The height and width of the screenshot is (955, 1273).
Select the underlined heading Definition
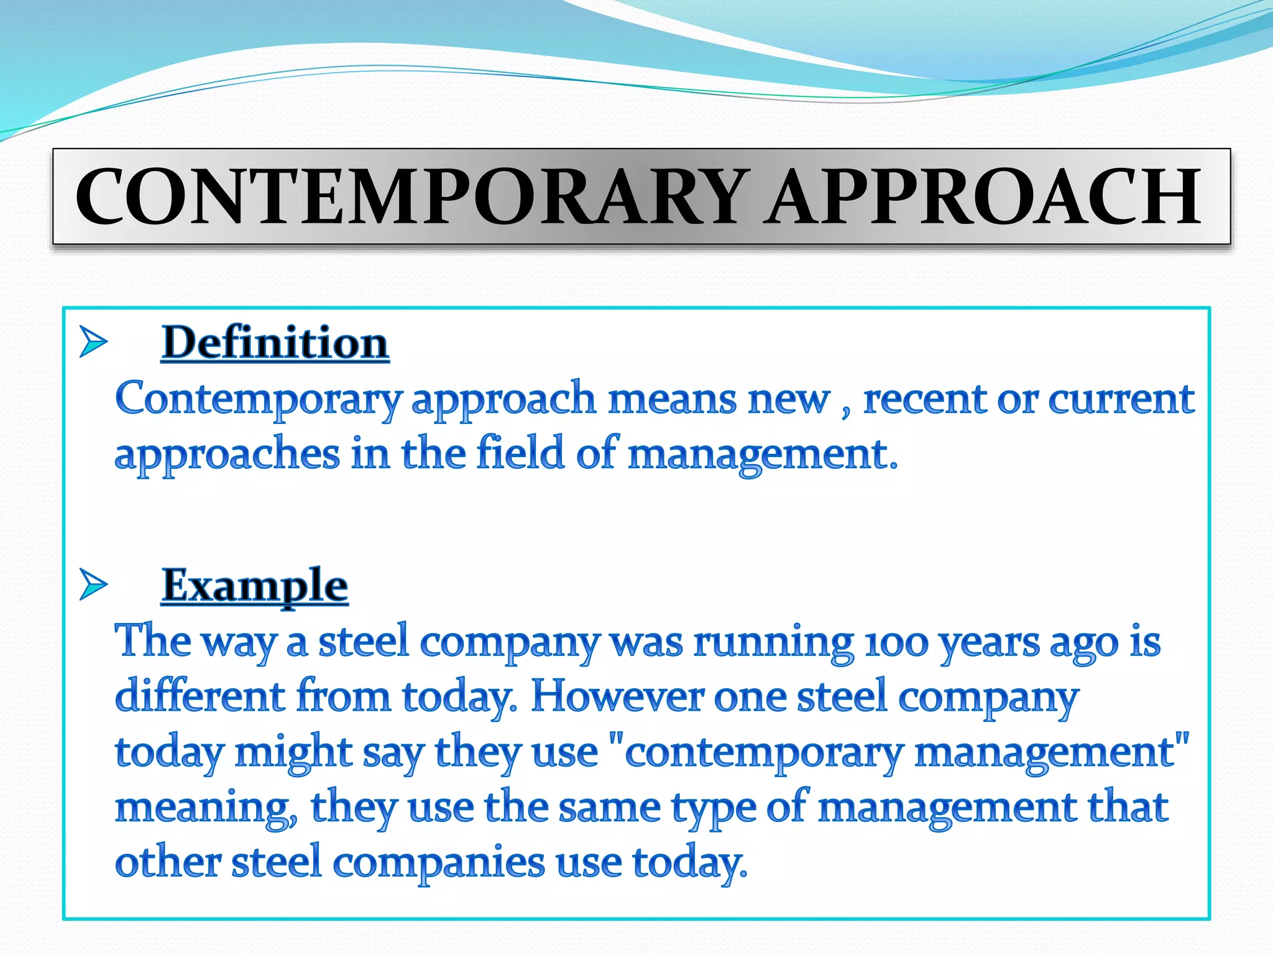(x=275, y=343)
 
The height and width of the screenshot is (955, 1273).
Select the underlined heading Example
(x=254, y=585)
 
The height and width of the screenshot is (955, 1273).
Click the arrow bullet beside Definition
(x=93, y=342)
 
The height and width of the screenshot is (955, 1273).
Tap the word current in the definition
(x=1121, y=399)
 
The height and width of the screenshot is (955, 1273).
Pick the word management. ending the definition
(x=763, y=454)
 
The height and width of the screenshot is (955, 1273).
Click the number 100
(x=896, y=642)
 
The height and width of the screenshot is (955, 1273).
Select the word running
(x=773, y=642)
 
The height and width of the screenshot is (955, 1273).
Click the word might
(x=293, y=752)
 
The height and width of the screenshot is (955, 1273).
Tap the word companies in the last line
(x=439, y=863)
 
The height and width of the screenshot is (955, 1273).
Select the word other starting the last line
(x=168, y=863)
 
